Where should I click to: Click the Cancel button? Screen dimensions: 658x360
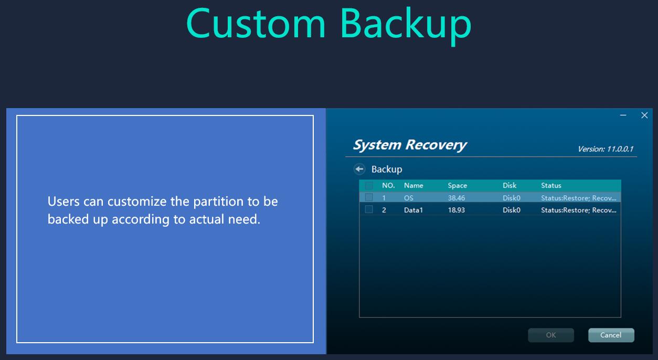click(x=611, y=335)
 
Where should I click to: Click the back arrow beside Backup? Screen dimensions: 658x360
click(x=359, y=169)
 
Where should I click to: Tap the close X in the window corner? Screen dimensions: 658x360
click(x=644, y=115)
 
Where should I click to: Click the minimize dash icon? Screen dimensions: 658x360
click(x=623, y=115)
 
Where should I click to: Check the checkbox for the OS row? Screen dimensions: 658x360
click(x=369, y=197)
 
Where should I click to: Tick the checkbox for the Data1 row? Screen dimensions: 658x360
click(x=369, y=209)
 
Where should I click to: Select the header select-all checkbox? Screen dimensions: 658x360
click(x=369, y=185)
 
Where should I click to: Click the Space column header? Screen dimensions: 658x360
click(x=458, y=185)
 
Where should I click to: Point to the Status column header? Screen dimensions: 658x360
click(x=551, y=185)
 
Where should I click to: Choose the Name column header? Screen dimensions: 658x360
click(x=413, y=185)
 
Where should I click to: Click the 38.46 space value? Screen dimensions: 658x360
click(x=457, y=198)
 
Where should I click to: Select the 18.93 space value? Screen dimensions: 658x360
click(x=457, y=210)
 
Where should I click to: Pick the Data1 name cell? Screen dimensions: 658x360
click(x=413, y=210)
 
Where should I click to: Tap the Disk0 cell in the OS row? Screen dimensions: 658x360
click(x=512, y=198)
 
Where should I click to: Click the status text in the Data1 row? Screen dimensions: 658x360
click(x=579, y=210)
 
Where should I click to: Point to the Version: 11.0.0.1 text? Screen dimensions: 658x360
click(x=606, y=149)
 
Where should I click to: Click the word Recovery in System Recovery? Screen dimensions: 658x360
click(x=436, y=145)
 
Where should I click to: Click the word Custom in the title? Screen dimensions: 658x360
click(x=256, y=24)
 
